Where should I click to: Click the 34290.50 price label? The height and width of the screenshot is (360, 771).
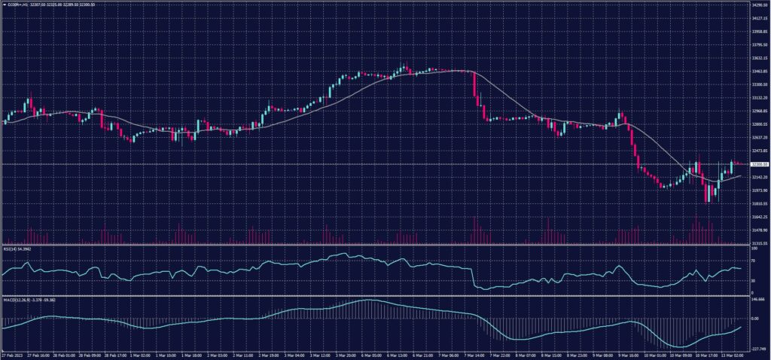[757, 5]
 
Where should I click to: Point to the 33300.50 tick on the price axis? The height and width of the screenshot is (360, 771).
[757, 84]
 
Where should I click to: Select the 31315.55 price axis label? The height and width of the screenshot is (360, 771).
[757, 243]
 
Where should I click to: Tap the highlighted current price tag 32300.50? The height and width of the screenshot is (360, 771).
[757, 164]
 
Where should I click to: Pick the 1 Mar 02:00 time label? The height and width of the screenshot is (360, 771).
[141, 353]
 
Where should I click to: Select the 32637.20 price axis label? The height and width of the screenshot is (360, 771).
[757, 137]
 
